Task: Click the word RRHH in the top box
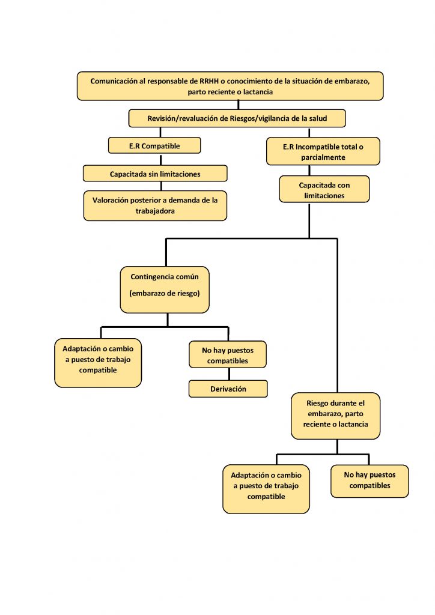tap(209, 81)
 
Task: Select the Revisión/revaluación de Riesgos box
tap(237, 118)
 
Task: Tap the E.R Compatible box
tap(154, 145)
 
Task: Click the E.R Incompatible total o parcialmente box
tap(323, 151)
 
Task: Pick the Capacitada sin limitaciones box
tap(155, 174)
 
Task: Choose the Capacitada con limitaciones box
tap(324, 189)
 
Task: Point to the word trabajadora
tap(155, 211)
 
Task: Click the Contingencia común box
tap(165, 290)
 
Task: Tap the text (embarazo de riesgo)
tap(165, 293)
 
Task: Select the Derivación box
tap(228, 389)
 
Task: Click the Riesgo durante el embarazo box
tap(336, 416)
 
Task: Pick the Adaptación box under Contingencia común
tap(98, 363)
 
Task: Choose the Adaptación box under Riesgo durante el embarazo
tap(266, 489)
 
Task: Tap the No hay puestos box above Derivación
tap(228, 354)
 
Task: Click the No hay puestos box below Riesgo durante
tap(370, 481)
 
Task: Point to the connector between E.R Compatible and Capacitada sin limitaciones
tap(161, 159)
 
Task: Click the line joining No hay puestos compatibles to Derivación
tap(229, 374)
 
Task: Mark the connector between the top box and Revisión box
tap(239, 105)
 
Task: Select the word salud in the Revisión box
tap(318, 118)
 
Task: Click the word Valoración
tap(109, 200)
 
